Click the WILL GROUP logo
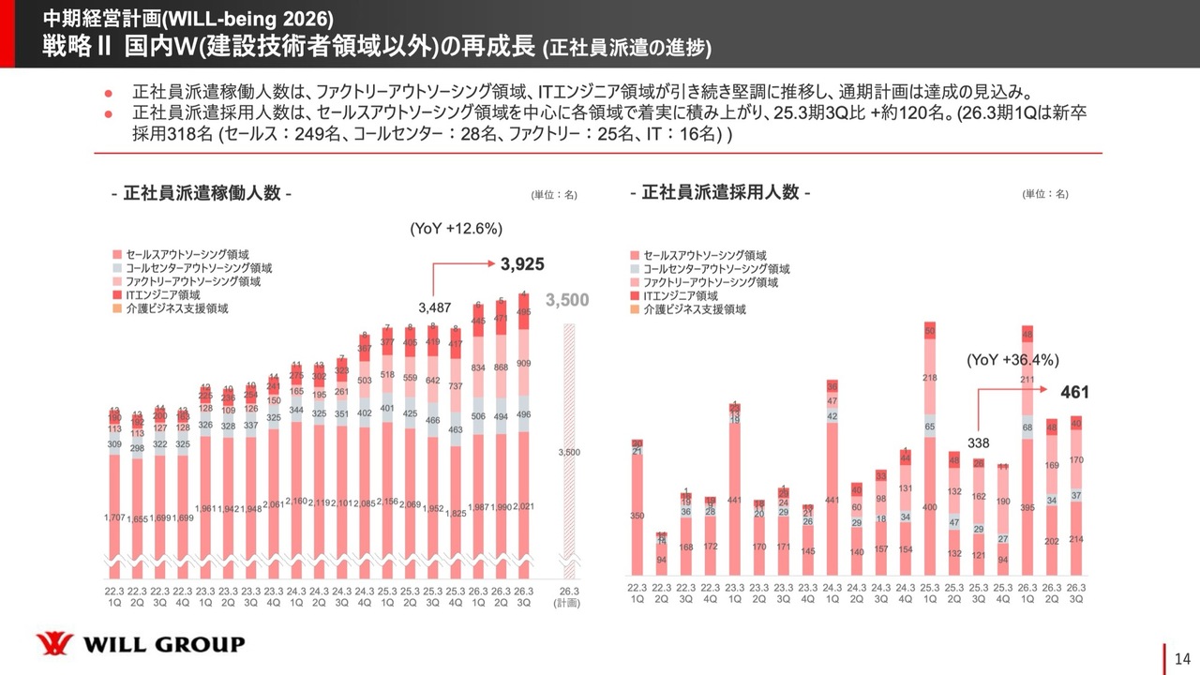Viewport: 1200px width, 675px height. click(140, 644)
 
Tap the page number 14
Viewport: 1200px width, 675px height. click(1180, 656)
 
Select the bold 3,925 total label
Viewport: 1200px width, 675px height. click(522, 264)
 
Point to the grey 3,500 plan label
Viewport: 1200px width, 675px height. click(567, 300)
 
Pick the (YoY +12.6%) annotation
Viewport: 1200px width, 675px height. click(457, 228)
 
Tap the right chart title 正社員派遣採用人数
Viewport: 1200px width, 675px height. click(720, 193)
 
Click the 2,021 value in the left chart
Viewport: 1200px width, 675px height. click(524, 507)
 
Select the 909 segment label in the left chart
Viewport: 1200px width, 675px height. click(524, 363)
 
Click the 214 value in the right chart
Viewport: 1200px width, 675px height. click(1076, 540)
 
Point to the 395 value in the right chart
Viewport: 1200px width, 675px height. click(1027, 507)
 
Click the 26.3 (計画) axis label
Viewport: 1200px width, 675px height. click(568, 596)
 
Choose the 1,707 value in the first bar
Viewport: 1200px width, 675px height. click(114, 517)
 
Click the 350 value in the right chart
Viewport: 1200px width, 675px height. click(637, 517)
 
